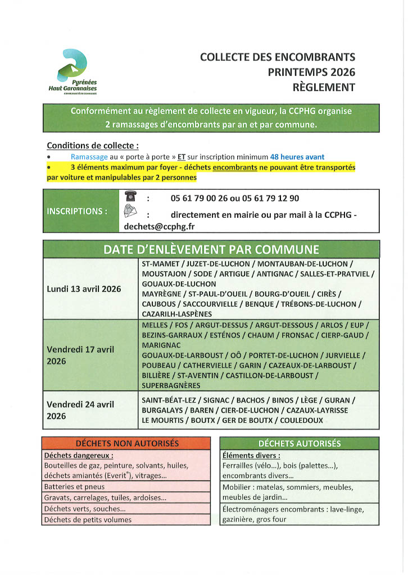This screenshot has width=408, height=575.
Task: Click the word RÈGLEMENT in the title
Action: [324, 87]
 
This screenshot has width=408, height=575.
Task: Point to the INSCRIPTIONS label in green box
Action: [78, 211]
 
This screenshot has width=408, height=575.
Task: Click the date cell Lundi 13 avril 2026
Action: [84, 289]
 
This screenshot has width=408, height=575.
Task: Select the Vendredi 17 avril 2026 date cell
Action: [80, 355]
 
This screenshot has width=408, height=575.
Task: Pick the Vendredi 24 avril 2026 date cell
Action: [80, 410]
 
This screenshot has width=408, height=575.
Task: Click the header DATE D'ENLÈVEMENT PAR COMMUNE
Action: [211, 249]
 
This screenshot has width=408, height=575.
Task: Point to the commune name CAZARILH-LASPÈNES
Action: [177, 314]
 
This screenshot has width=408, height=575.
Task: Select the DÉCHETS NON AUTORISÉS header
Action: [127, 444]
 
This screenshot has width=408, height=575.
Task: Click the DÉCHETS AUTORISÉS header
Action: [300, 444]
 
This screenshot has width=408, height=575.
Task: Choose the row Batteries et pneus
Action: [74, 487]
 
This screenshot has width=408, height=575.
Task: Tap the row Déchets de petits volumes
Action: [88, 519]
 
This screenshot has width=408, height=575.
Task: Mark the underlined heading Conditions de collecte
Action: [93, 145]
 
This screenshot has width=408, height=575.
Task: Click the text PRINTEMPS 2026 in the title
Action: [311, 72]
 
